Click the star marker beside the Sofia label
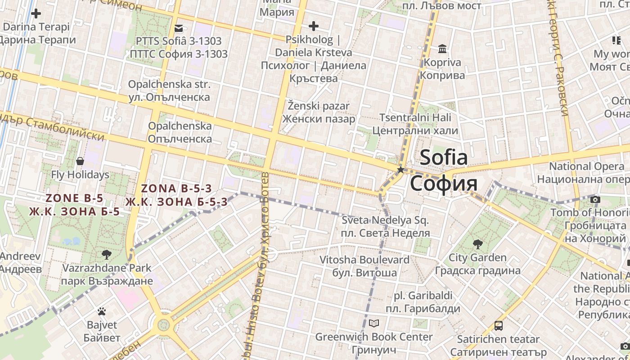(x=400, y=170)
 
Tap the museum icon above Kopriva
(x=442, y=49)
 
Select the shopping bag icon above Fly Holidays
(x=80, y=161)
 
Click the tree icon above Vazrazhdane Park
(x=107, y=255)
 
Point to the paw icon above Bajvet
(x=102, y=311)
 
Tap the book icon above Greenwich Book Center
(x=374, y=323)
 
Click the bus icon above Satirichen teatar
(x=498, y=325)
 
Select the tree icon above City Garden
(x=477, y=244)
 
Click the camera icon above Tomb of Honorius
(x=595, y=199)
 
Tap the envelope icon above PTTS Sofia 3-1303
(x=179, y=28)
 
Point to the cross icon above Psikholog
(x=313, y=26)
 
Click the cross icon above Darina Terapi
(x=36, y=13)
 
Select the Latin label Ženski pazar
(x=319, y=106)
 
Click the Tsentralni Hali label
(x=415, y=118)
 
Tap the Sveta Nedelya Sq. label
(x=385, y=220)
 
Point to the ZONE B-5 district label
(x=74, y=198)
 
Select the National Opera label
(x=586, y=166)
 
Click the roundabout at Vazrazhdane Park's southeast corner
(x=163, y=324)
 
